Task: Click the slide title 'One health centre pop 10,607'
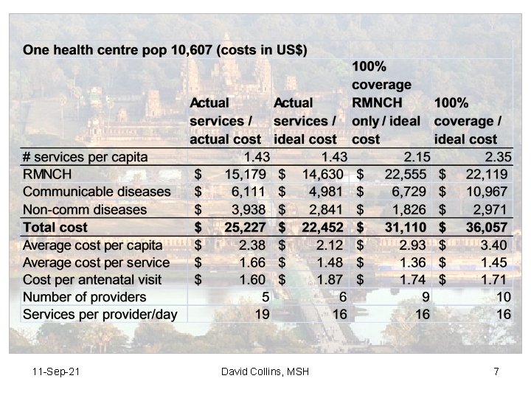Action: click(165, 51)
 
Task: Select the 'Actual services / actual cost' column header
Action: click(225, 120)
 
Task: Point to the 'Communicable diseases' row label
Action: click(97, 192)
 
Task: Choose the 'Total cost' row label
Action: click(55, 228)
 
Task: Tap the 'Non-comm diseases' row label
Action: click(85, 209)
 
